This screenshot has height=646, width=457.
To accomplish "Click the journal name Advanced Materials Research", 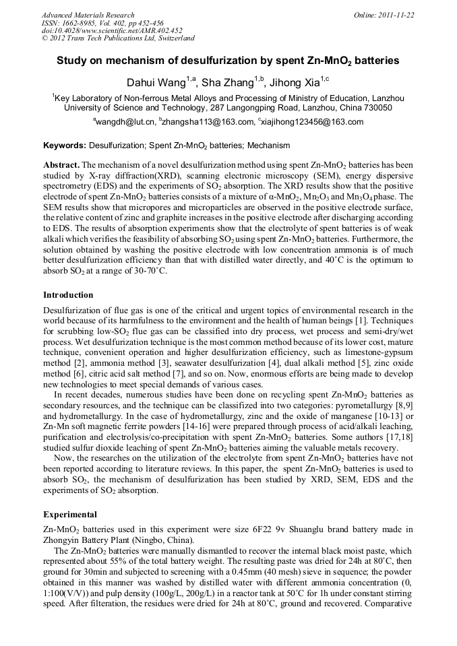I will click(x=88, y=15).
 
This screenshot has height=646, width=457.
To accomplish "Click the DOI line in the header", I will click(x=112, y=30).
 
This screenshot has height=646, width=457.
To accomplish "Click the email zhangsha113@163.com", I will click(x=206, y=123).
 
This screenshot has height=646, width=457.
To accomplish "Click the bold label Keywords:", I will click(x=65, y=146).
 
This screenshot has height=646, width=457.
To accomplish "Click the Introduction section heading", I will click(x=68, y=295).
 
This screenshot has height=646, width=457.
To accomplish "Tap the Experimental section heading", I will click(x=70, y=514).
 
